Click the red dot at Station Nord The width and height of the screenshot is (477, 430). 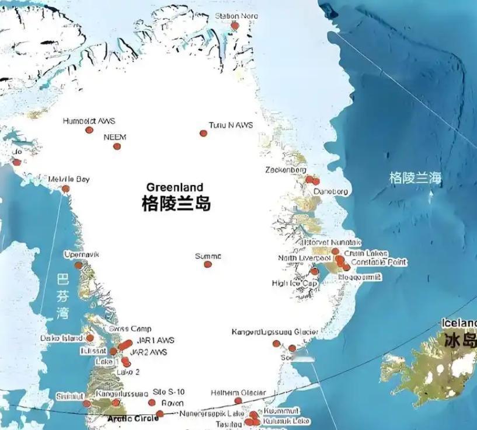coord(235,26)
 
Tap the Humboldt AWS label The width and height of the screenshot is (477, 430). coord(89,121)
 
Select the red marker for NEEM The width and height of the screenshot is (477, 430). coord(117,146)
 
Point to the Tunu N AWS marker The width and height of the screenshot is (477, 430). coord(203,134)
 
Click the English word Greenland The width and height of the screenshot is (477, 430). coord(175,187)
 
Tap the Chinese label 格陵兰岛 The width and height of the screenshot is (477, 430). coord(176,204)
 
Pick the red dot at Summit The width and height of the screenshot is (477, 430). coord(208,264)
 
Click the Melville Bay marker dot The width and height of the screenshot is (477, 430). coord(66,188)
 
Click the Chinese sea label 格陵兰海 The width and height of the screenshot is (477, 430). coord(416,178)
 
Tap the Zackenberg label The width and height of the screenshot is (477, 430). coord(284,170)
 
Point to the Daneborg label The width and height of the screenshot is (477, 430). coord(330,191)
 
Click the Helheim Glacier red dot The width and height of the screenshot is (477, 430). coord(238,401)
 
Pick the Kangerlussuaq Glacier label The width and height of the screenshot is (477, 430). coord(274,332)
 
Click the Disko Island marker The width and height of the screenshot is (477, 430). coord(90,338)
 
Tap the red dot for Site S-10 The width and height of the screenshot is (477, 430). coord(152,403)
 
